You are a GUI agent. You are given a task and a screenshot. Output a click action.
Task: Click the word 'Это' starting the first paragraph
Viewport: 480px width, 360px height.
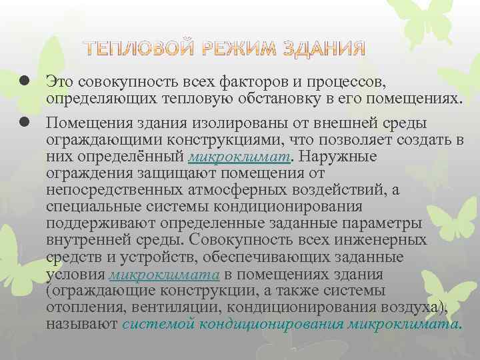[x=59, y=81]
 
